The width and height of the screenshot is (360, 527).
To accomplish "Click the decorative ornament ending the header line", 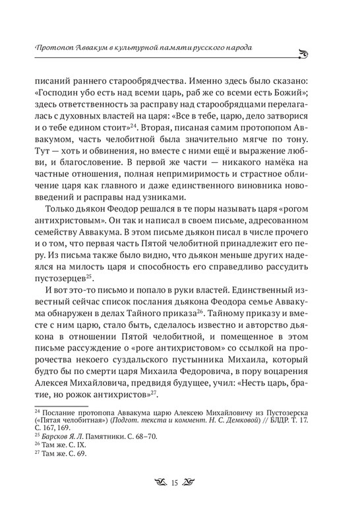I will pyautogui.click(x=322, y=52).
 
